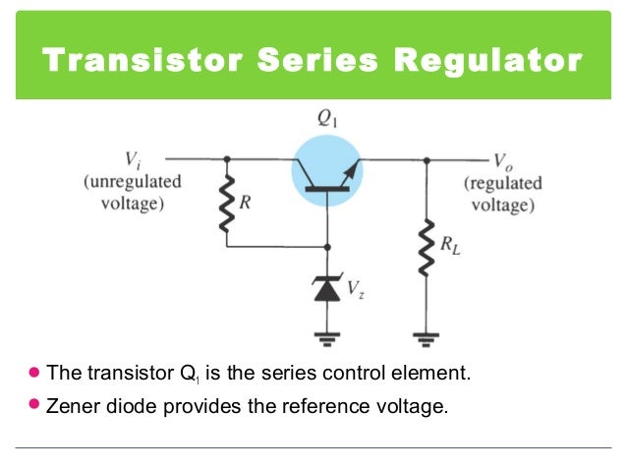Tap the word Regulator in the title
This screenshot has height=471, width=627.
point(487,60)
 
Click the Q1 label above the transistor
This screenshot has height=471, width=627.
point(327,119)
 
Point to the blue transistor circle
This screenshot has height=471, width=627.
point(327,170)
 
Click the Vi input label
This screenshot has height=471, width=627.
point(132,158)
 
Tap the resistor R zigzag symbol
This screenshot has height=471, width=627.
point(228,205)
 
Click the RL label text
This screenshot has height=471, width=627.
point(450,248)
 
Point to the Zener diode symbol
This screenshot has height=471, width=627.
point(327,287)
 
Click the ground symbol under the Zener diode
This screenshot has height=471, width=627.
point(327,340)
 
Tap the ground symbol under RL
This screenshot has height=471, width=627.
point(426,340)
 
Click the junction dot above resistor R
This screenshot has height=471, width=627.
point(228,158)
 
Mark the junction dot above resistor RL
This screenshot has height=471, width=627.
point(426,158)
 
